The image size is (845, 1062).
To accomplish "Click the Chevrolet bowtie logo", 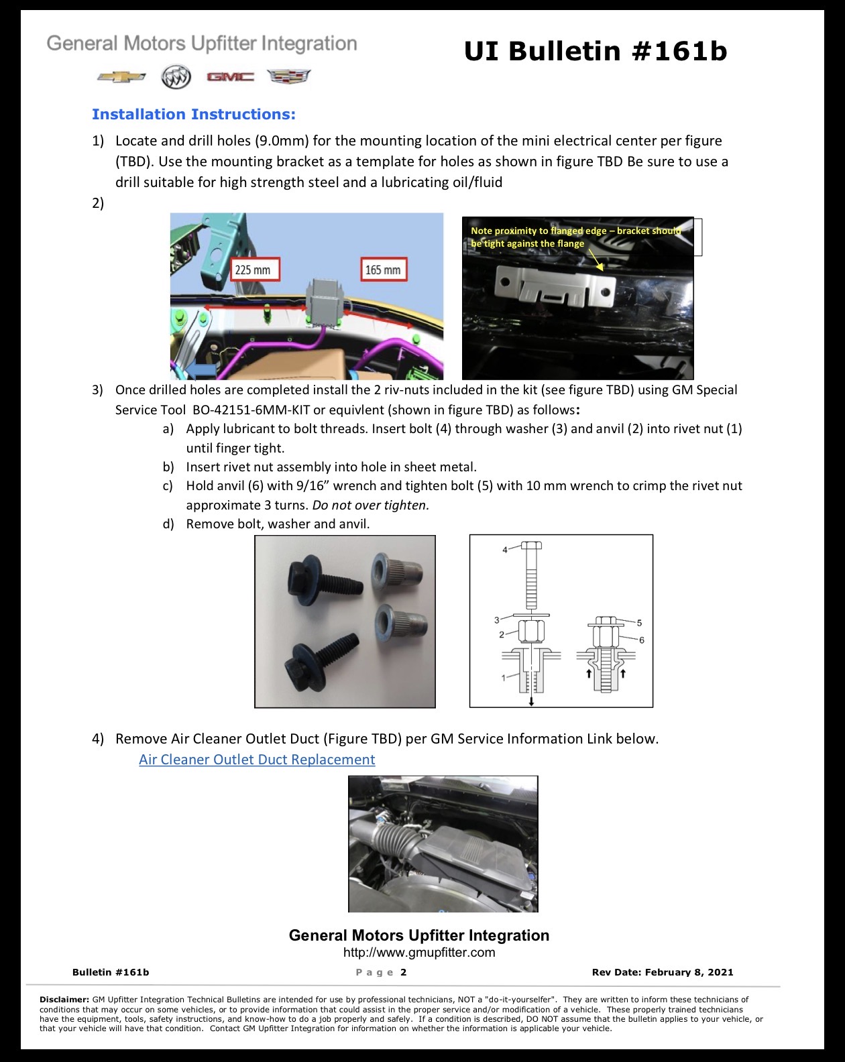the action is [121, 77].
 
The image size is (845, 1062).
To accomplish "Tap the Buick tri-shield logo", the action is [176, 77].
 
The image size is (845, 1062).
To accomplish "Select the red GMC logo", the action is [231, 77].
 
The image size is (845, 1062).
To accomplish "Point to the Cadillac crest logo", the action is [289, 76].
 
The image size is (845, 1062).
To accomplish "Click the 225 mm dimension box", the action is [256, 270].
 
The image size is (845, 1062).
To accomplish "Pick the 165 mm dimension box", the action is [384, 270].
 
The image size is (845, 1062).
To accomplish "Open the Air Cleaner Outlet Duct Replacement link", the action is [257, 759].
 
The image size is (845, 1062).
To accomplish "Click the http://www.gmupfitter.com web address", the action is [419, 952].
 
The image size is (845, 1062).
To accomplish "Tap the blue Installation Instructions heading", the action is [194, 114].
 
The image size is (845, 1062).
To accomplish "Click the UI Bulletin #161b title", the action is [596, 52].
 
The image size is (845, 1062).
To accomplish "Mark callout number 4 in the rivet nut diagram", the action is [505, 550].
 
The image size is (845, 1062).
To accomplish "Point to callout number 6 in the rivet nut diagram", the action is [642, 640].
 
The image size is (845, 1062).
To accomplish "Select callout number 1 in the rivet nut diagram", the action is [504, 678].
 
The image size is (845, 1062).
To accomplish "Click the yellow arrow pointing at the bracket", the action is [596, 260].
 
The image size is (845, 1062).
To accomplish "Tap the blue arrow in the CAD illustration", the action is [201, 369].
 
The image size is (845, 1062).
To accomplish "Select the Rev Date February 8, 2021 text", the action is [663, 972].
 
